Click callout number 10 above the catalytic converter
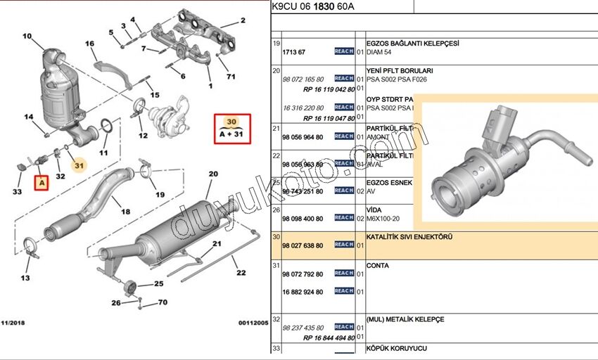pos(27,36)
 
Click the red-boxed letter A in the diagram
pos(42,184)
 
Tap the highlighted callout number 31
pos(79,166)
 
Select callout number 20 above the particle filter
pos(213,173)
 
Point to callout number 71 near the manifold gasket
pos(230,76)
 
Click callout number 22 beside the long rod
pos(241,272)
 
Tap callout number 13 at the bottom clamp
pos(25,278)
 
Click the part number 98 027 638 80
pos(303,246)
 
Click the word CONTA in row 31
pos(377,266)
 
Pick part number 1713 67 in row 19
pos(293,53)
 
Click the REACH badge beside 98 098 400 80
pos(344,218)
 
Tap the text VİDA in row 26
pos(374,210)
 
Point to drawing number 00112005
pos(253,322)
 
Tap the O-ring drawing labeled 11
pos(106,127)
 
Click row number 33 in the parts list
pos(276,348)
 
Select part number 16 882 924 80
pos(303,292)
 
